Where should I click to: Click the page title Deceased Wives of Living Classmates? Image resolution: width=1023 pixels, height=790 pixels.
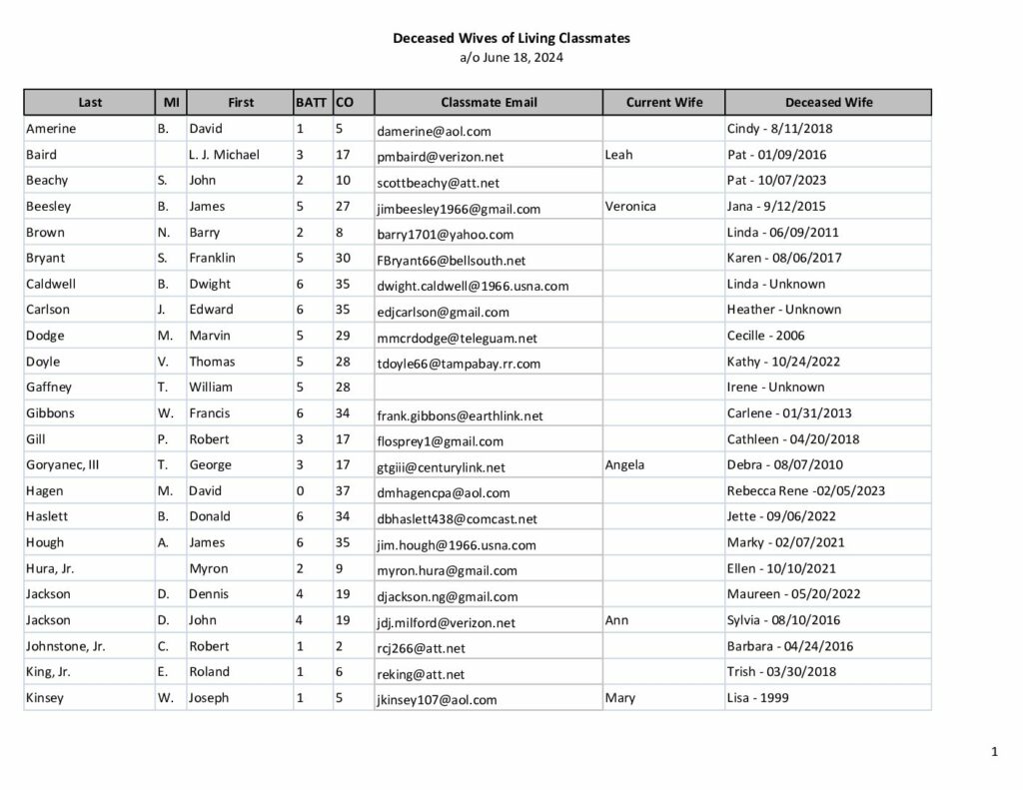511,38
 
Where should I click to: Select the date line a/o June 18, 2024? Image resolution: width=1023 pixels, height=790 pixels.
511,57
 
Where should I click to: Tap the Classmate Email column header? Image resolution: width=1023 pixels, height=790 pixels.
489,102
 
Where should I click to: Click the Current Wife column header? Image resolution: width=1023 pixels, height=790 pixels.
664,102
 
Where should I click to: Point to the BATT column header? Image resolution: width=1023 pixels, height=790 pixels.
312,102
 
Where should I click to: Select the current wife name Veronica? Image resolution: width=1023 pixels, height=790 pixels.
630,206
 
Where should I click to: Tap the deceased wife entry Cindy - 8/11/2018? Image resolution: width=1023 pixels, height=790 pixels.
779,129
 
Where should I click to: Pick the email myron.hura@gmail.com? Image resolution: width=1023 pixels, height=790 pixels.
447,570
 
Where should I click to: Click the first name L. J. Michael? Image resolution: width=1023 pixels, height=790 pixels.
224,155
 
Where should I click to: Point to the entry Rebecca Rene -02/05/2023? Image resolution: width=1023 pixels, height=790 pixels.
805,490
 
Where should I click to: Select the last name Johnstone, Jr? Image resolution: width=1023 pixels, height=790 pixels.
66,646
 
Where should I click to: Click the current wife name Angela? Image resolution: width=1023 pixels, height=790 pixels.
624,464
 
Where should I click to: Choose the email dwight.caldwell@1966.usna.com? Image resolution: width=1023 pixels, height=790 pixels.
473,286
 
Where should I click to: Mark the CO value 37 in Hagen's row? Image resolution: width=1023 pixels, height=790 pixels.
343,490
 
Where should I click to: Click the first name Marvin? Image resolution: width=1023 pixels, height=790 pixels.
209,336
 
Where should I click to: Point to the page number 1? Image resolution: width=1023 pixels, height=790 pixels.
995,752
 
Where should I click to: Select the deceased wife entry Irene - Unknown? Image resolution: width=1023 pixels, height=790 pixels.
775,387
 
